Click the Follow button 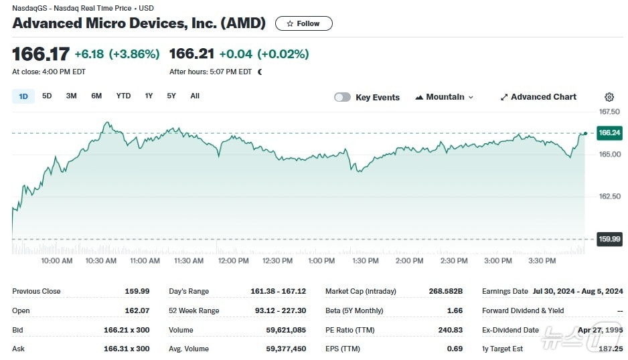303,23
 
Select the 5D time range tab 47,96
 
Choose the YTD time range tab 123,96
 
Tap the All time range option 195,96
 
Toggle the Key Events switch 342,97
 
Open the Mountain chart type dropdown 444,97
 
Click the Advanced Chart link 538,97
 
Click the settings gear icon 609,97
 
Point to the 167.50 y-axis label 609,112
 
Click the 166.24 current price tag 609,133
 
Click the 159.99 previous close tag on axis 609,240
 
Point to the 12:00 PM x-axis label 233,261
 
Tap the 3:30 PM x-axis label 542,261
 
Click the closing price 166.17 40,54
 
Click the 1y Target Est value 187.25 611,349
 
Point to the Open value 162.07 137,311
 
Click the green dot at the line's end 585,133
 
